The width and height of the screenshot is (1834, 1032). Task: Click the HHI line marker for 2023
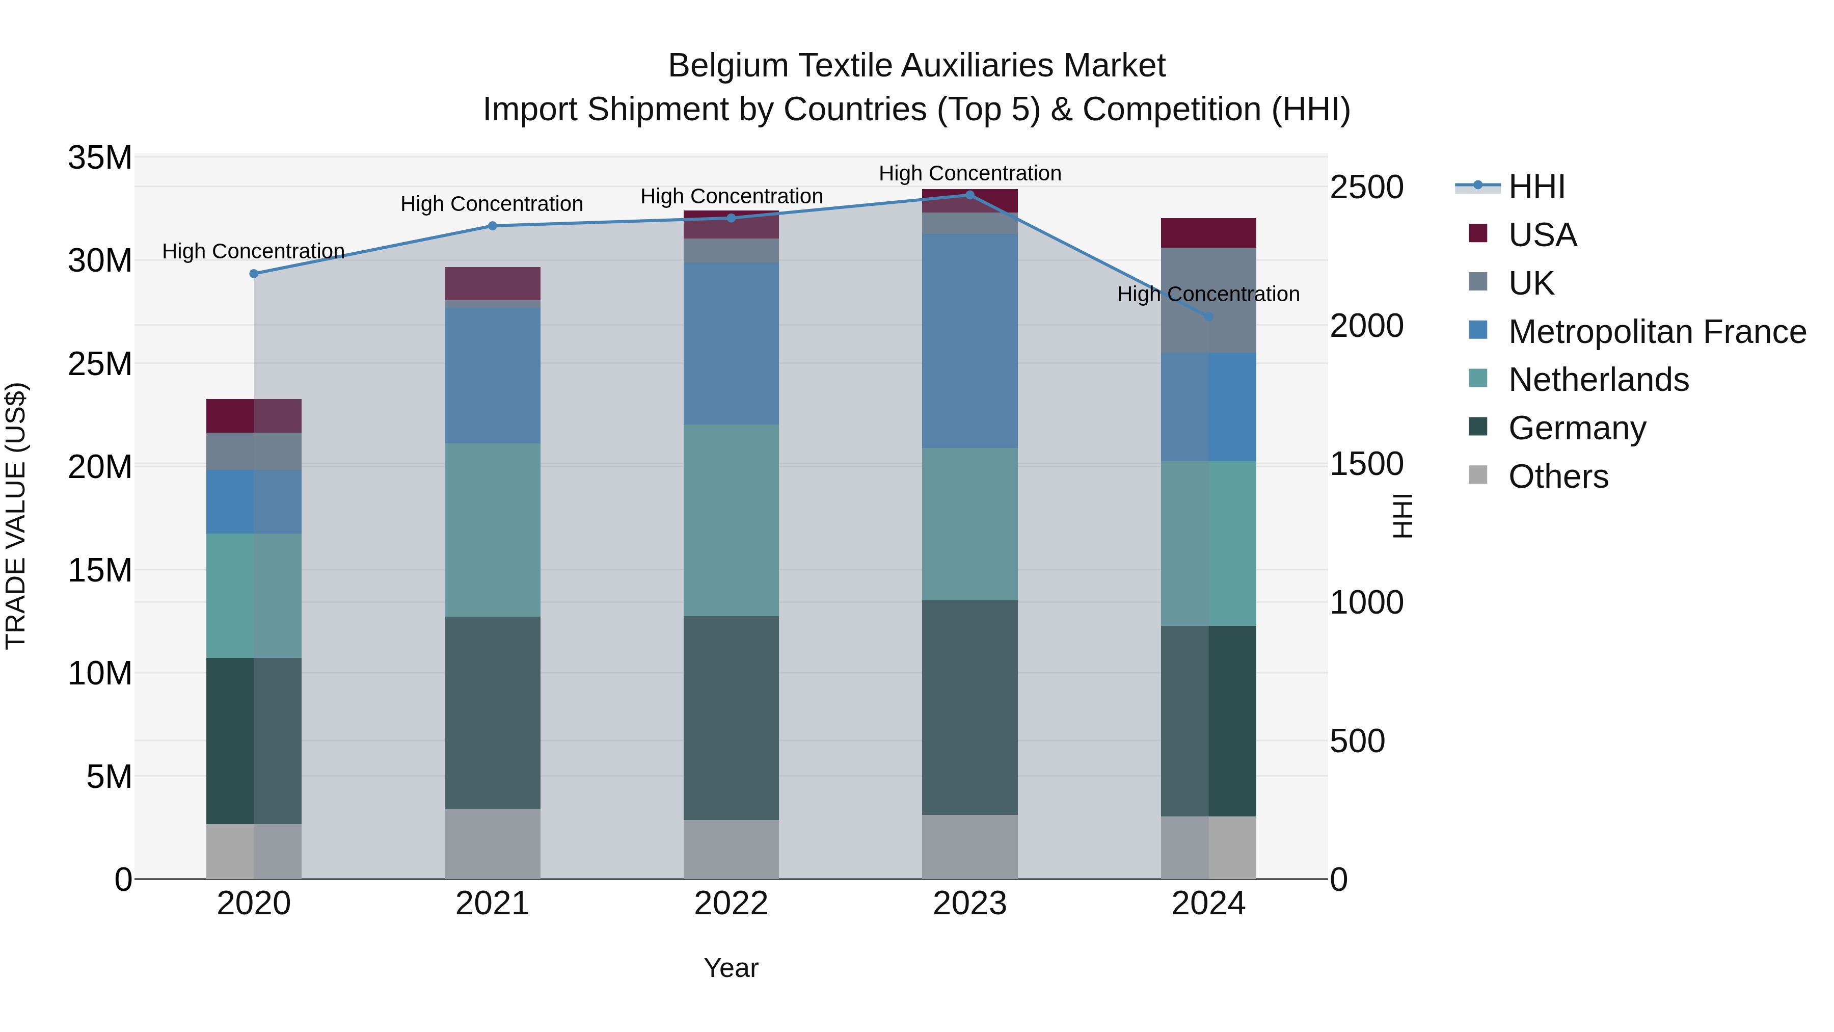pos(969,195)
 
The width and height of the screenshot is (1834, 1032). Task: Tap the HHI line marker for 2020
pos(254,274)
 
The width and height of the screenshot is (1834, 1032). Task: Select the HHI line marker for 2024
pos(1208,316)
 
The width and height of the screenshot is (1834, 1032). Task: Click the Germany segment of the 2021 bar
pos(492,712)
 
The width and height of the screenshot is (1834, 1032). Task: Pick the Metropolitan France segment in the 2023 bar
pos(969,340)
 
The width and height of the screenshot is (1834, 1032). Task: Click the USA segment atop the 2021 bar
pos(492,283)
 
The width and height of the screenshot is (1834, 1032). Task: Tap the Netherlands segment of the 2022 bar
pos(731,520)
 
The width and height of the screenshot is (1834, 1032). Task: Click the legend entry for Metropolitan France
pos(1657,331)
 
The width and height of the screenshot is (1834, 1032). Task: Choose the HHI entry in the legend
pos(1536,187)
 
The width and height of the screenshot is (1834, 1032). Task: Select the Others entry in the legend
pos(1558,476)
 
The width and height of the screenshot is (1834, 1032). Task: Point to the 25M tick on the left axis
pos(100,364)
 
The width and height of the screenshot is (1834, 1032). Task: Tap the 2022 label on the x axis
pos(731,904)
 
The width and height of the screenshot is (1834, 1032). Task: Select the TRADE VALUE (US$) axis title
pos(16,516)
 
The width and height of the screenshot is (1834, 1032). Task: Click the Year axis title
pos(731,968)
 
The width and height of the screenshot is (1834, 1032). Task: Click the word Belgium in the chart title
pos(727,66)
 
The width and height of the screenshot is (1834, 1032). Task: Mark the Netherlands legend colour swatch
pos(1477,378)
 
